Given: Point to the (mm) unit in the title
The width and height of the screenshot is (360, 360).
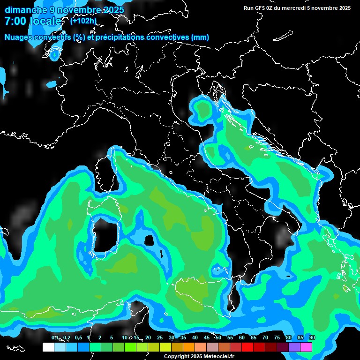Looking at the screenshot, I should (200, 37).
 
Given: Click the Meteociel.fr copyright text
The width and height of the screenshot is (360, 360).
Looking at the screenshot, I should (199, 356).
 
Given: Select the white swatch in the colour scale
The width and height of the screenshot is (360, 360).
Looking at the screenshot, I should (48, 347).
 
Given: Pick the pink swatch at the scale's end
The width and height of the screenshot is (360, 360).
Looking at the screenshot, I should (306, 347).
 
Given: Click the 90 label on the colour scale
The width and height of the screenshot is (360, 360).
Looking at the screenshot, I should (312, 338).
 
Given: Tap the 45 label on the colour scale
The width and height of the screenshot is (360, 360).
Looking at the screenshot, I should (207, 338).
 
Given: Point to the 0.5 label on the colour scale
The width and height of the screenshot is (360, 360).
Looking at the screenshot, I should (78, 338).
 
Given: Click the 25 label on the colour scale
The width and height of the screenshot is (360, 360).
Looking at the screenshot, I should (160, 338).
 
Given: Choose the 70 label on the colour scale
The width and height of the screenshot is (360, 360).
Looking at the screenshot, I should (265, 338).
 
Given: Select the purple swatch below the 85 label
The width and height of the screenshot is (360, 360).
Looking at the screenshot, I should (294, 347).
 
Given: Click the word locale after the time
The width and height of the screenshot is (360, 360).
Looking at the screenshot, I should (45, 22).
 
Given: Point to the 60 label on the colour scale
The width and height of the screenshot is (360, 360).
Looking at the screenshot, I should (242, 338).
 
